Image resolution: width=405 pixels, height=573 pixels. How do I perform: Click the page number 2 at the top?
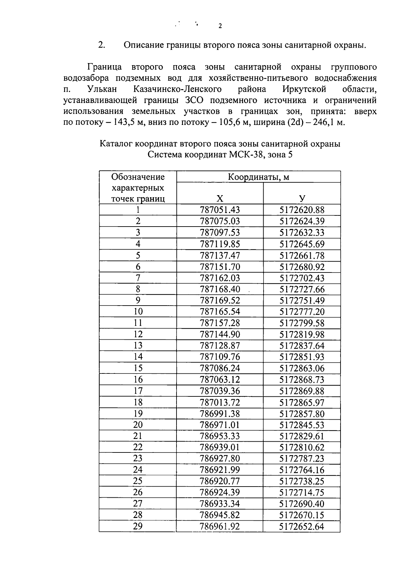point(220,26)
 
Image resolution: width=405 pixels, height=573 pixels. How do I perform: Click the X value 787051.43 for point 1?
point(220,210)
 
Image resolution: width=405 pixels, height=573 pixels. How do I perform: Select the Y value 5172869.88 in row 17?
point(302,391)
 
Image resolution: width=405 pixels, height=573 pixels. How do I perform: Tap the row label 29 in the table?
point(138,526)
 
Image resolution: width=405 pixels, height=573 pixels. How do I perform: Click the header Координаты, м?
point(258,177)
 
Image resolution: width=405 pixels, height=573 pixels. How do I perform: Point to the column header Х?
point(220,199)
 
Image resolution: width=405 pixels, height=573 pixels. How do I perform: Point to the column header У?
point(302,199)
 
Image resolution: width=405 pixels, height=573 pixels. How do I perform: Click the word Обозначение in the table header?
point(138,177)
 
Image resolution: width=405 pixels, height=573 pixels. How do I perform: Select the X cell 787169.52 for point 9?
point(220,301)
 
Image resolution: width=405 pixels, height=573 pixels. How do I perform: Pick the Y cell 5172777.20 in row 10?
point(302,312)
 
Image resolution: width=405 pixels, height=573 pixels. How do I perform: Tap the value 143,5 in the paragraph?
point(125,122)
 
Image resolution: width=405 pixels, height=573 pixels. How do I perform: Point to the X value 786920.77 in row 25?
point(220,481)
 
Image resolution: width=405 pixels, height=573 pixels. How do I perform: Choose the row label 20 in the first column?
point(138,425)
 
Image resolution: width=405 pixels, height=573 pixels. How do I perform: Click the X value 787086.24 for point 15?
point(220,368)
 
